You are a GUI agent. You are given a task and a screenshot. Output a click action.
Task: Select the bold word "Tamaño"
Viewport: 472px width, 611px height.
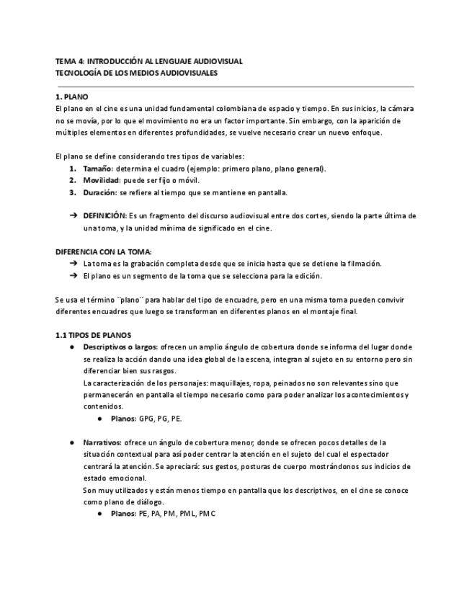pyautogui.click(x=98, y=169)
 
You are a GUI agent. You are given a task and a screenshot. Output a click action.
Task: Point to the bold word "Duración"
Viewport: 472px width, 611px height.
pyautogui.click(x=100, y=192)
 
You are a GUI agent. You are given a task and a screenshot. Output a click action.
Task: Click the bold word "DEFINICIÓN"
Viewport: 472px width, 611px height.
pyautogui.click(x=104, y=215)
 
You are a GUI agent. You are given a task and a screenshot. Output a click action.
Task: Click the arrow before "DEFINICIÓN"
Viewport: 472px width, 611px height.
pyautogui.click(x=73, y=215)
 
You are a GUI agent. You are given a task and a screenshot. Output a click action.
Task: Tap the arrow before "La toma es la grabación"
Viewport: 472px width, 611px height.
pyautogui.click(x=73, y=263)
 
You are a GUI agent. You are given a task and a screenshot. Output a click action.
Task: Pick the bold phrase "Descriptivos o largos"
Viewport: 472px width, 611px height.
pyautogui.click(x=120, y=347)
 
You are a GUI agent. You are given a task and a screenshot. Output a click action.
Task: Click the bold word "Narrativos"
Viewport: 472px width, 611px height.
pyautogui.click(x=102, y=442)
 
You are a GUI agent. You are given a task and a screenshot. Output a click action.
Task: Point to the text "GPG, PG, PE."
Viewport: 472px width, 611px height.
pyautogui.click(x=160, y=417)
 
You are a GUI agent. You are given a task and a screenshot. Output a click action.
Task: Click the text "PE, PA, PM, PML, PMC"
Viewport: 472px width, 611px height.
pyautogui.click(x=177, y=513)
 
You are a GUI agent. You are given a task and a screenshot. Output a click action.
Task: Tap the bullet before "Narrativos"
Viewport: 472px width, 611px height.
pyautogui.click(x=73, y=442)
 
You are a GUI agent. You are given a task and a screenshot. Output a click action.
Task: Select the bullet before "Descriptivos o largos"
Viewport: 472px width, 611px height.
pyautogui.click(x=73, y=347)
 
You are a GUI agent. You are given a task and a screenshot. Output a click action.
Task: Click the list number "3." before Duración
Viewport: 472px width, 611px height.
pyautogui.click(x=73, y=192)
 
